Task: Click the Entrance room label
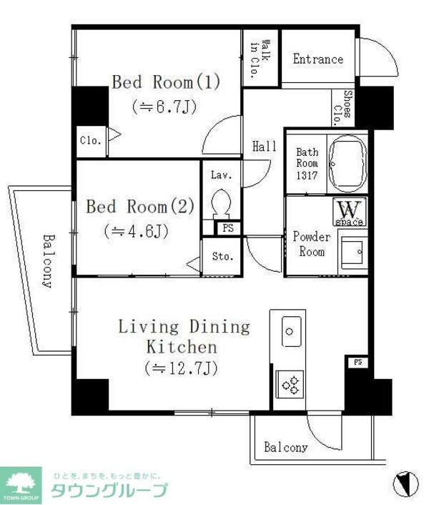(318, 59)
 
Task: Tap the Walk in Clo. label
(260, 59)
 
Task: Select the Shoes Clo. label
(342, 107)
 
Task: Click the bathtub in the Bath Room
(348, 164)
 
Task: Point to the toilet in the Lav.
(221, 204)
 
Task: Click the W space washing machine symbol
(350, 212)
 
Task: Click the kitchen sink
(292, 331)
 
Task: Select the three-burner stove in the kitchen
(290, 385)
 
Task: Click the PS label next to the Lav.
(228, 228)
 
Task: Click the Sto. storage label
(222, 256)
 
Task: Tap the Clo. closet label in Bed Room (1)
(91, 141)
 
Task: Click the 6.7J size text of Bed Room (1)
(164, 107)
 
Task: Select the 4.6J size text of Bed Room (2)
(137, 231)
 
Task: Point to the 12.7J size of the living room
(182, 368)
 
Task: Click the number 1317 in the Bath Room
(307, 175)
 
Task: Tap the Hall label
(265, 147)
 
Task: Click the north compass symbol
(406, 483)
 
